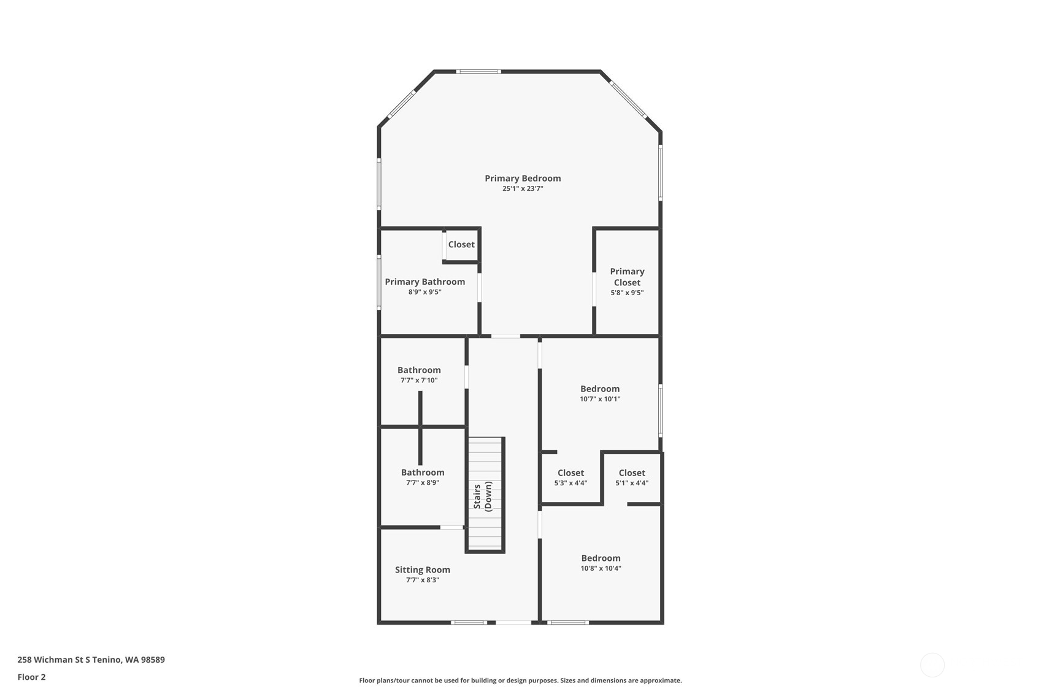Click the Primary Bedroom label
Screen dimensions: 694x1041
(x=523, y=179)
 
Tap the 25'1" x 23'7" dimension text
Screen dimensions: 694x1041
(x=523, y=189)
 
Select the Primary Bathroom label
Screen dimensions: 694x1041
(x=424, y=282)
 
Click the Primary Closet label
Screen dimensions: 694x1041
(x=627, y=277)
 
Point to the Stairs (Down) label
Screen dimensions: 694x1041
(x=483, y=496)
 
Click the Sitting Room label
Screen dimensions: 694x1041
(x=423, y=570)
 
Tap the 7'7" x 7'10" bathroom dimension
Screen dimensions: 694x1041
(x=419, y=380)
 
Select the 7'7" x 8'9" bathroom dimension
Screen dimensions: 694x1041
(x=423, y=483)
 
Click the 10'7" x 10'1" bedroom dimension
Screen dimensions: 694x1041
(x=600, y=399)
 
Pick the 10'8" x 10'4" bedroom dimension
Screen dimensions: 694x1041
(x=601, y=568)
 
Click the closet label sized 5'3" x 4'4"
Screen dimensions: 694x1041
(x=570, y=473)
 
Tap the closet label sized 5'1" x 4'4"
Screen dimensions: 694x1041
(x=632, y=473)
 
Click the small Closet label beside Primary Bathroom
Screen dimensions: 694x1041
(x=461, y=244)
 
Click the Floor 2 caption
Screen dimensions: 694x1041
(x=31, y=677)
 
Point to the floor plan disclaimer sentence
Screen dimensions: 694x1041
(x=520, y=681)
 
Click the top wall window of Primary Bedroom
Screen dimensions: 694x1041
(x=478, y=72)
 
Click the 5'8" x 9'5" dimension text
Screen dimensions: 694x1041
(x=627, y=293)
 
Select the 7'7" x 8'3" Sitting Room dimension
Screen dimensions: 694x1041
(x=423, y=580)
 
